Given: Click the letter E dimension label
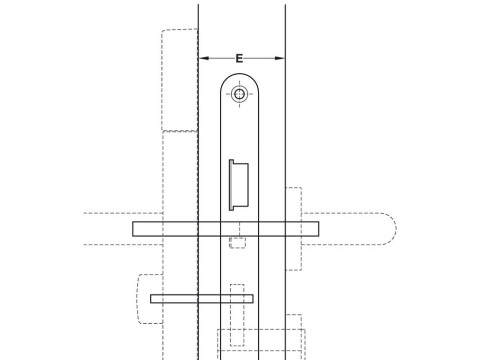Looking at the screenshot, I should (240, 59).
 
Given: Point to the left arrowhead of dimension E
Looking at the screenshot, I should (203, 59).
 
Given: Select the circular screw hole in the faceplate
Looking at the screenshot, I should (239, 95).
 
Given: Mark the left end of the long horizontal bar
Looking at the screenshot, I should (135, 228).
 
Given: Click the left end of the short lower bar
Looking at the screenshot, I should (153, 299).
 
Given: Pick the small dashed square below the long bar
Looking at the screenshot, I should (237, 242).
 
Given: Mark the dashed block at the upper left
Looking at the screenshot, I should (178, 80).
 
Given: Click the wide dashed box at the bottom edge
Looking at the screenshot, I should (260, 343).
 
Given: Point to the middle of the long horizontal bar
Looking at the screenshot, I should (225, 228).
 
